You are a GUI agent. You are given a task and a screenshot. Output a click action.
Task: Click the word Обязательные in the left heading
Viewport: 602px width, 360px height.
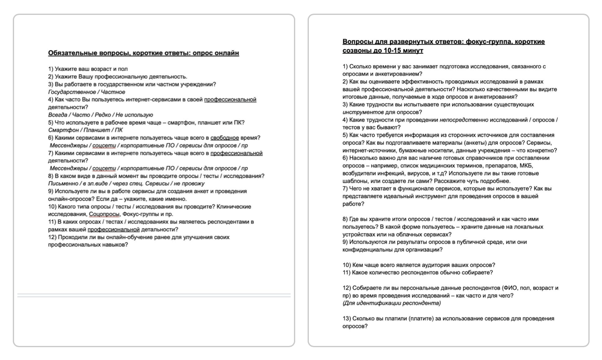click(72, 53)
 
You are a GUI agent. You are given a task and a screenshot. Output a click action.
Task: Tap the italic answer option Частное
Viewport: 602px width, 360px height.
click(113, 92)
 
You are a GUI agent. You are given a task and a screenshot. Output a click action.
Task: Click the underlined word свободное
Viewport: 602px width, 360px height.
click(225, 138)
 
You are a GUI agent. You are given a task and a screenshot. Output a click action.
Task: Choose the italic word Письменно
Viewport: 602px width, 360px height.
click(63, 183)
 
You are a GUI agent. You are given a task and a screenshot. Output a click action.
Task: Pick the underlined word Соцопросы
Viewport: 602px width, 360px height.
click(104, 214)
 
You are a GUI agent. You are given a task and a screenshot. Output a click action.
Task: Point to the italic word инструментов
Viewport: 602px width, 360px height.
click(363, 112)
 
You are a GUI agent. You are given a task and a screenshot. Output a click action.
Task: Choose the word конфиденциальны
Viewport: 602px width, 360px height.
click(366, 250)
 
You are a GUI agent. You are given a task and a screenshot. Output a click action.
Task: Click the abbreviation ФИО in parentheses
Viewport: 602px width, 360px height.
click(510, 288)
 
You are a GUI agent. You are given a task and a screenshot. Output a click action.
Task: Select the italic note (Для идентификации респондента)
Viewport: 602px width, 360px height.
click(392, 303)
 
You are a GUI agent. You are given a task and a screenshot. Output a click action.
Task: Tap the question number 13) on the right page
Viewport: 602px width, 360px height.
click(346, 319)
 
